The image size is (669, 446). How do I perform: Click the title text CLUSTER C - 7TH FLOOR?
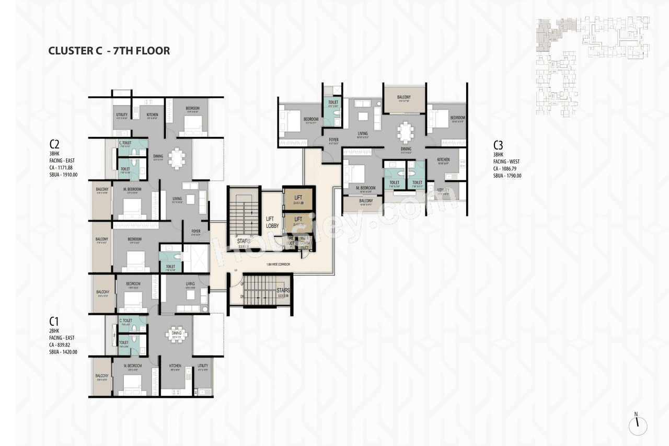pyautogui.click(x=109, y=51)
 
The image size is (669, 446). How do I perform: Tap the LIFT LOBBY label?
pyautogui.click(x=271, y=222)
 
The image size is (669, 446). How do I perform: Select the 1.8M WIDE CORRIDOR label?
pyautogui.click(x=278, y=265)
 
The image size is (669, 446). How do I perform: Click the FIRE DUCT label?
pyautogui.click(x=290, y=242)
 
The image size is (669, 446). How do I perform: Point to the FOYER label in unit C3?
pyautogui.click(x=334, y=140)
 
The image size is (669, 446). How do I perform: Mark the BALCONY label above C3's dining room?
pyautogui.click(x=403, y=97)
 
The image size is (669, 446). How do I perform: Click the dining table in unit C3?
pyautogui.click(x=405, y=131)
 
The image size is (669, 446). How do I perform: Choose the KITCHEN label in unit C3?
pyautogui.click(x=443, y=160)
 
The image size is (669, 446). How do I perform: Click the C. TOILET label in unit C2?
pyautogui.click(x=124, y=143)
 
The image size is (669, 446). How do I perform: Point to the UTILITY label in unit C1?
pyautogui.click(x=203, y=366)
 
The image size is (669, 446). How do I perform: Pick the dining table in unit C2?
pyautogui.click(x=177, y=157)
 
